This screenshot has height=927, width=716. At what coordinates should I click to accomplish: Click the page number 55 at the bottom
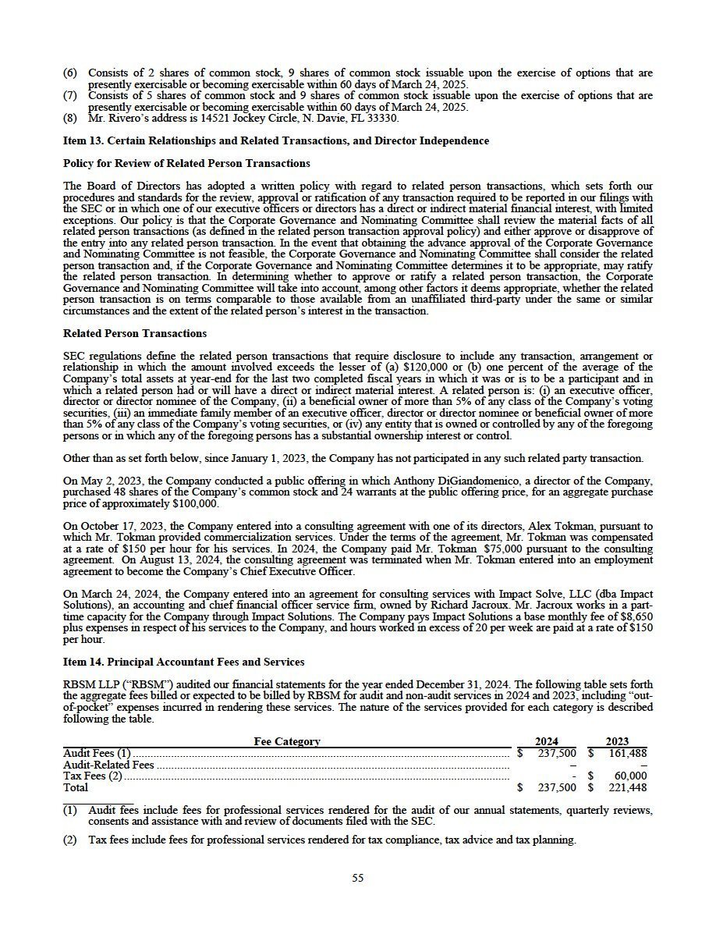point(357,878)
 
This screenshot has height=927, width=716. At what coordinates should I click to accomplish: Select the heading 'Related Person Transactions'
point(135,333)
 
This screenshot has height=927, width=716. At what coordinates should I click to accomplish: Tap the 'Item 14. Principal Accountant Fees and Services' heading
point(183,662)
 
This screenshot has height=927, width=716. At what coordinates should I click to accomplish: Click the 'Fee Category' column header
point(287,741)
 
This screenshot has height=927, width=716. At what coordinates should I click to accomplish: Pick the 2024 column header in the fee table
point(546,741)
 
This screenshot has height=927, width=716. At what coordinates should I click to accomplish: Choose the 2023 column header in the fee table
point(617,741)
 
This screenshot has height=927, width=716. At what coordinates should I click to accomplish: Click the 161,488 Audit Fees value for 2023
point(626,753)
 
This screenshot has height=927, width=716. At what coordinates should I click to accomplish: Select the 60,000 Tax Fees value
point(631,776)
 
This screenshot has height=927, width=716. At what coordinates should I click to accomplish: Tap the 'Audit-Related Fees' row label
point(108,765)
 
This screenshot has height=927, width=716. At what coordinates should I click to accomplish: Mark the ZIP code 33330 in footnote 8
point(383,119)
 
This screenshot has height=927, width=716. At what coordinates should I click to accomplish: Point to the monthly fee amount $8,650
point(633,616)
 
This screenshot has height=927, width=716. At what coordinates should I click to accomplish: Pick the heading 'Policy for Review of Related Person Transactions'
point(186,163)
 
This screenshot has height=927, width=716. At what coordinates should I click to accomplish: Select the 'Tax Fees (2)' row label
point(93,776)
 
